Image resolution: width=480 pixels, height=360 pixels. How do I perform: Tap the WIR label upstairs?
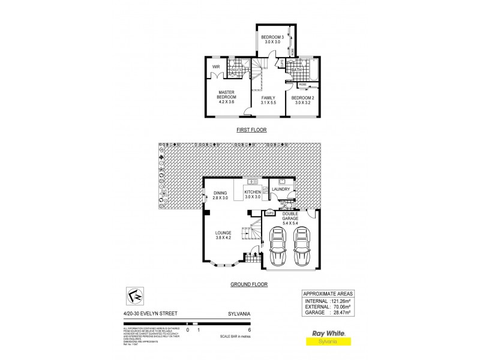click(215, 67)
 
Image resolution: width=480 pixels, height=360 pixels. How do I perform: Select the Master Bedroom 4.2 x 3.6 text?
click(226, 97)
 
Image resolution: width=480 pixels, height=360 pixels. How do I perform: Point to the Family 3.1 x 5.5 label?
click(269, 100)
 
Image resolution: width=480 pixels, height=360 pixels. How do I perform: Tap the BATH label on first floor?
click(296, 70)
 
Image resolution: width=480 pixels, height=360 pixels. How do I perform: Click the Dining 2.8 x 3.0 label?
click(220, 195)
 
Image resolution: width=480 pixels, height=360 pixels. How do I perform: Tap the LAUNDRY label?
click(281, 190)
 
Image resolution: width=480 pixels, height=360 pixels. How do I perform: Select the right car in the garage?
click(301, 247)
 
